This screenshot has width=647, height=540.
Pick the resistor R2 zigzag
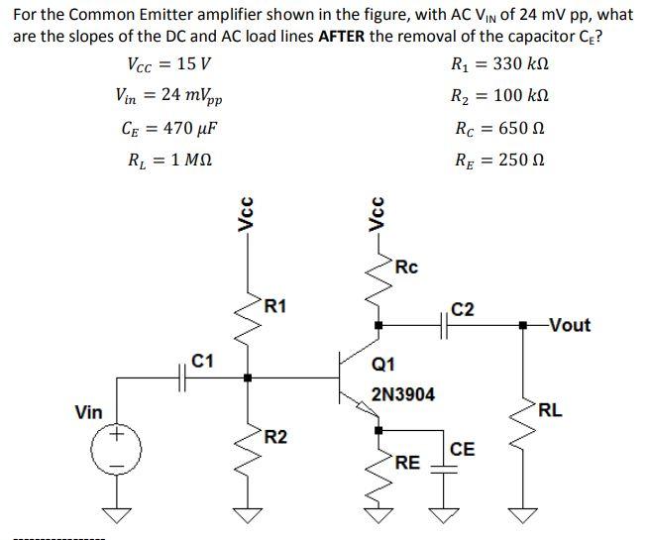[247, 441]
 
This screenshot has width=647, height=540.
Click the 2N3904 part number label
[402, 394]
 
